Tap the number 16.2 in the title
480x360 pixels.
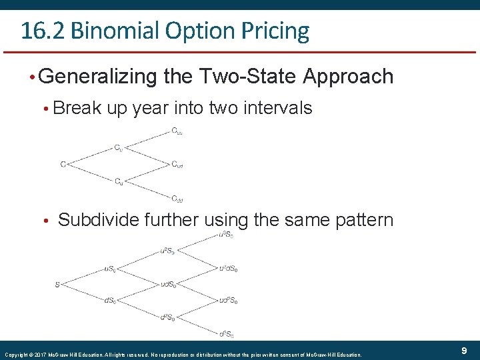coord(42,31)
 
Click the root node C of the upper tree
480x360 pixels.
coord(63,164)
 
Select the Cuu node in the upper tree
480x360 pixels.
coord(177,131)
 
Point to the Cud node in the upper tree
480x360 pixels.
coord(177,164)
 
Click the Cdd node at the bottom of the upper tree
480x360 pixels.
coord(177,198)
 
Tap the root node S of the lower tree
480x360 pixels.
coord(57,285)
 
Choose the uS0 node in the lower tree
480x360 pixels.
coord(111,269)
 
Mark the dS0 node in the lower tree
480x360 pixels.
coord(111,301)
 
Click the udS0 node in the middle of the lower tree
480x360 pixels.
coord(168,285)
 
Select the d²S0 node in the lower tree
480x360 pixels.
coord(168,317)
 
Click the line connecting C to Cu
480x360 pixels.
coord(90,155)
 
